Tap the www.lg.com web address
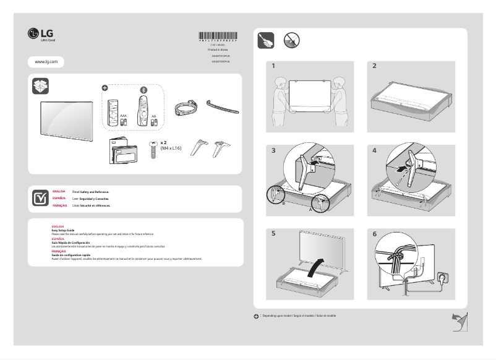46,62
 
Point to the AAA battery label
123,116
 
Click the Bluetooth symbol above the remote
143,89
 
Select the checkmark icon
40,198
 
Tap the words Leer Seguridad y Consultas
91,199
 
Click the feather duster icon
265,41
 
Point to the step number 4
374,150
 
